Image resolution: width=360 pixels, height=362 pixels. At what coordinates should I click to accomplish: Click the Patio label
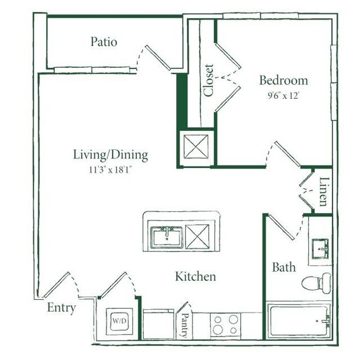pos(104,42)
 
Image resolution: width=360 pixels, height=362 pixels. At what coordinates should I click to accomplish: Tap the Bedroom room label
pos(284,80)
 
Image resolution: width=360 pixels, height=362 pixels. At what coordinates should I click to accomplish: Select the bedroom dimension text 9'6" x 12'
pos(284,95)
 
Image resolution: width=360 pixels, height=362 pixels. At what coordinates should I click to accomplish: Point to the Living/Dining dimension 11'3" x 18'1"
pos(110,170)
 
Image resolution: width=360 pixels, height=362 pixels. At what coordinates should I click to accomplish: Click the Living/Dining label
pos(111,155)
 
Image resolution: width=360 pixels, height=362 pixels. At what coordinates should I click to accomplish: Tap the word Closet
pos(209,80)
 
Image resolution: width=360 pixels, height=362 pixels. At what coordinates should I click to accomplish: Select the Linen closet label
pos(324,192)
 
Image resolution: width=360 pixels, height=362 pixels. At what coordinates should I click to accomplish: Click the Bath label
pos(284,267)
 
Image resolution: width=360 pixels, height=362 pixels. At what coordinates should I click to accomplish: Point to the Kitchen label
pos(196,276)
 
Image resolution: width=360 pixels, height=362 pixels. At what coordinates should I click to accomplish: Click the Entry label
pos(61,308)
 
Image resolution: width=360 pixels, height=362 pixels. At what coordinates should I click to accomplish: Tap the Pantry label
pos(185,325)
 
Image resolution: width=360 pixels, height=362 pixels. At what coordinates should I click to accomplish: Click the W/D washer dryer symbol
pos(119,321)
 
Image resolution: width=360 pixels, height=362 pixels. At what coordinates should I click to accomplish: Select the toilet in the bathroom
pos(316,283)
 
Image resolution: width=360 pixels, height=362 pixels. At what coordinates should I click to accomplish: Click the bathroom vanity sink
pos(320,249)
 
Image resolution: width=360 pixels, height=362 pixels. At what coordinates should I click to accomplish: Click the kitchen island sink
pos(166,237)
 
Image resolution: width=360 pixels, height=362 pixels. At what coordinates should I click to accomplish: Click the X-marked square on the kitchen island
pos(197,237)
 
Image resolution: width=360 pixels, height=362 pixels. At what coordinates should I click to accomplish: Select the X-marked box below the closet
pos(196,146)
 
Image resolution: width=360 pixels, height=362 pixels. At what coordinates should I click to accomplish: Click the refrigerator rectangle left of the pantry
pos(159,324)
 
